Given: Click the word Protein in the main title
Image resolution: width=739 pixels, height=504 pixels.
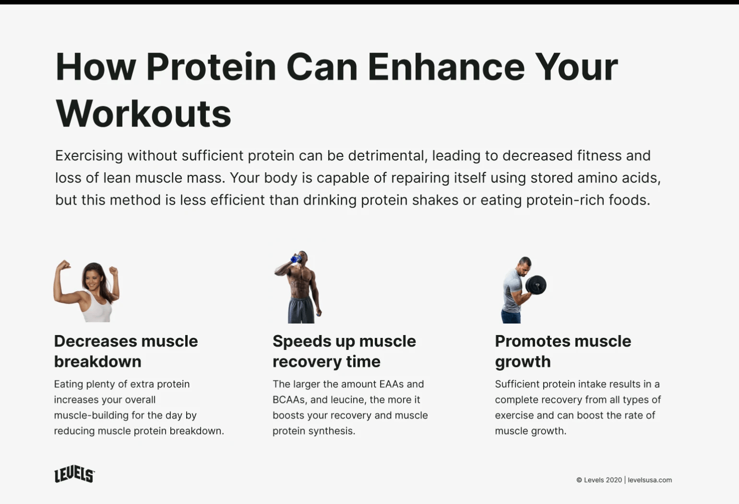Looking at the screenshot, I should pyautogui.click(x=211, y=67).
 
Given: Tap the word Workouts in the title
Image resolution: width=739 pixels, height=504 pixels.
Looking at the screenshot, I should pyautogui.click(x=143, y=114).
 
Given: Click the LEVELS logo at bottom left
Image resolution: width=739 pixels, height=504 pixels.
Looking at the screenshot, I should pyautogui.click(x=74, y=475).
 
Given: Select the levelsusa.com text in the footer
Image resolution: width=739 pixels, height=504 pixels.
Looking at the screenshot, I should pyautogui.click(x=650, y=480).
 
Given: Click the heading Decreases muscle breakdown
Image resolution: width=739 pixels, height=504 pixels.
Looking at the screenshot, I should pyautogui.click(x=126, y=351).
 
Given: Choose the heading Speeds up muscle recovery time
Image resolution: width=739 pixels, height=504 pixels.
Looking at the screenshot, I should pyautogui.click(x=344, y=351).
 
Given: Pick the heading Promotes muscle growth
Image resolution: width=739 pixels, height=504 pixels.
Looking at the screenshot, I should pyautogui.click(x=562, y=351).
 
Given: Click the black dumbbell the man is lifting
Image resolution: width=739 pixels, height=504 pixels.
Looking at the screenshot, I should pyautogui.click(x=536, y=285).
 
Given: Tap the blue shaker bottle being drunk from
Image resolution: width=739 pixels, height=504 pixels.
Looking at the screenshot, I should pyautogui.click(x=295, y=259).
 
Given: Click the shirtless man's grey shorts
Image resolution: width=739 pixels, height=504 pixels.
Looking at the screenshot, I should pyautogui.click(x=301, y=310).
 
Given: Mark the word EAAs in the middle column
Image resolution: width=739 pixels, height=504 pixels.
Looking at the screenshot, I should pyautogui.click(x=391, y=384).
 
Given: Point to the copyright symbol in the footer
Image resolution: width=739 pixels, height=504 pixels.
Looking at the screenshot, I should pyautogui.click(x=579, y=480).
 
